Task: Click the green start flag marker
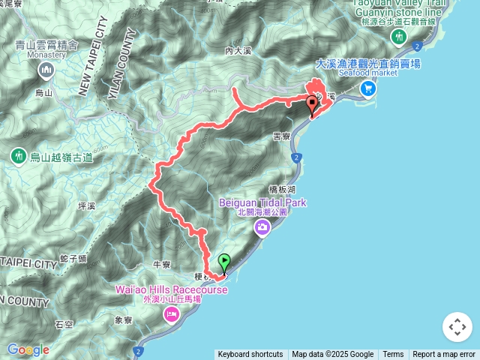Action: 224,262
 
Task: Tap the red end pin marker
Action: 313,105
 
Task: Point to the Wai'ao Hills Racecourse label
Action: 171,289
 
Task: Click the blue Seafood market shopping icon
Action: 367,88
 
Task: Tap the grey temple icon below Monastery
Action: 46,70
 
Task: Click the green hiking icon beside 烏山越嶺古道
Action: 18,157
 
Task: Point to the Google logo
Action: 28,349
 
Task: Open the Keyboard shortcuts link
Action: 250,355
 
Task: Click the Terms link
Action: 393,355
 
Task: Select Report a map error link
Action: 444,355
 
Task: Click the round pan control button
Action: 457,327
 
